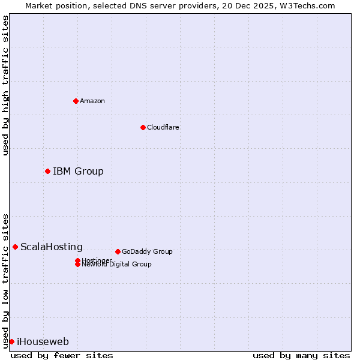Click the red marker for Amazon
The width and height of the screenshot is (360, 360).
(x=76, y=101)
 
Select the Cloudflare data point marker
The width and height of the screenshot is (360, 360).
(x=143, y=127)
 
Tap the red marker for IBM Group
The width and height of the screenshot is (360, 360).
(x=47, y=171)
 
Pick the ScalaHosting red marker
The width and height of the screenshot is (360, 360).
(x=15, y=247)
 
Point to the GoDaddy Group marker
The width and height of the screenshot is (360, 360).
(x=118, y=251)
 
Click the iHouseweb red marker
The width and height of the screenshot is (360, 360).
(x=11, y=341)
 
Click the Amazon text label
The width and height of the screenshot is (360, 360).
(x=92, y=101)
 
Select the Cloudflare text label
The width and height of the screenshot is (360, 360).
(x=163, y=127)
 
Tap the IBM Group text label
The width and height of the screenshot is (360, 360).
(x=78, y=172)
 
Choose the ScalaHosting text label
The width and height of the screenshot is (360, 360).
(x=52, y=247)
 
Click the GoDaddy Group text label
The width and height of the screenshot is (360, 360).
(x=147, y=252)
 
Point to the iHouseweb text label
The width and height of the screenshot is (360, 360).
(x=43, y=342)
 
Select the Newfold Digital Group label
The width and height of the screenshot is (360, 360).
(x=116, y=265)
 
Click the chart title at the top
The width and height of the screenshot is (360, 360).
(x=180, y=5)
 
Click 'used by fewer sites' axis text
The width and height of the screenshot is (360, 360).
(x=62, y=355)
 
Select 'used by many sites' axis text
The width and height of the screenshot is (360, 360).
(x=301, y=355)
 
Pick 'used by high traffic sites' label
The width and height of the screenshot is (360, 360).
(x=5, y=85)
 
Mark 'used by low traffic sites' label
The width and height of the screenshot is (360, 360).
(x=5, y=281)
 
